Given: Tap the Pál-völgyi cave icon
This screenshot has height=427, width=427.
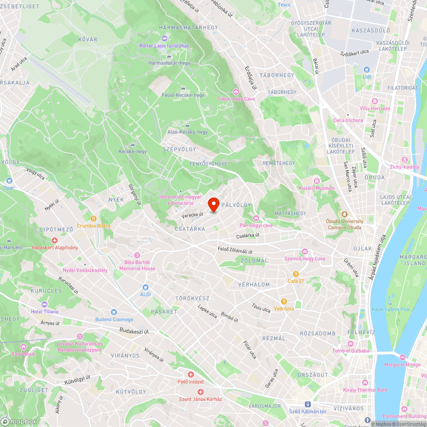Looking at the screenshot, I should (x=256, y=218).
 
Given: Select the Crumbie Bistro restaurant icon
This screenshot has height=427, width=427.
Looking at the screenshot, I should (x=94, y=218).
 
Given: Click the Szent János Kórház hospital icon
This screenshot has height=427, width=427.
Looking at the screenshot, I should (x=200, y=392).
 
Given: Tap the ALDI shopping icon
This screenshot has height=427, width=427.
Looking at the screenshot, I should (x=146, y=287).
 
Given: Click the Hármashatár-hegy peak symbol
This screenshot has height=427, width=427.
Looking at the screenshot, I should (x=169, y=56).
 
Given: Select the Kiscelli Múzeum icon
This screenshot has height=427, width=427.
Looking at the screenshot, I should (x=316, y=181).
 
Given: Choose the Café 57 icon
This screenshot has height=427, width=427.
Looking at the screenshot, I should (x=295, y=274).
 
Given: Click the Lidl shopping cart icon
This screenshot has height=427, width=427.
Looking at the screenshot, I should (x=366, y=69).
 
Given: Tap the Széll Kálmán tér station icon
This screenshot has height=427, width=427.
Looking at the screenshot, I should (x=307, y=404).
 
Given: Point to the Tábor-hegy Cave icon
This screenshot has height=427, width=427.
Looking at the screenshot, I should (x=236, y=92).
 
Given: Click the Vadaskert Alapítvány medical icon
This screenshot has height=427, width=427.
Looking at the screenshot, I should (x=54, y=240).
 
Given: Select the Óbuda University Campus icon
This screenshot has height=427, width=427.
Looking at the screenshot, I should (x=344, y=214).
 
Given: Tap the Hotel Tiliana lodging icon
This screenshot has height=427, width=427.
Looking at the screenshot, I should (x=44, y=304).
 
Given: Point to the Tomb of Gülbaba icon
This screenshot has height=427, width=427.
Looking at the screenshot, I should (x=351, y=344).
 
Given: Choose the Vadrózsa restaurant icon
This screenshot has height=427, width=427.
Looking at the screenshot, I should (x=284, y=301).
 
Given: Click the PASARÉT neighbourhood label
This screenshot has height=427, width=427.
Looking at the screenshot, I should (x=164, y=312).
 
